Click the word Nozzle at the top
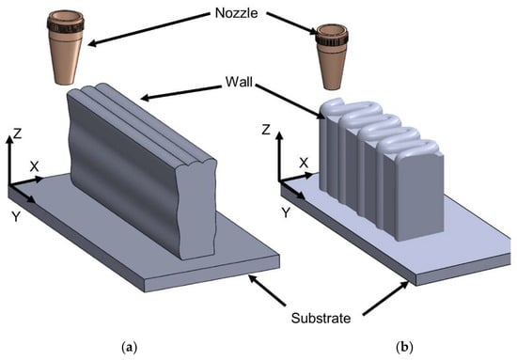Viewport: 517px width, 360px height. click(x=236, y=13)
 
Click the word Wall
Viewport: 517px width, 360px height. click(x=239, y=82)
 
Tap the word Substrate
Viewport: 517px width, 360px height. click(x=321, y=318)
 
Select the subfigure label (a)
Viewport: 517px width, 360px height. click(x=129, y=347)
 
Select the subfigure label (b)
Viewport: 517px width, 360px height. click(x=404, y=347)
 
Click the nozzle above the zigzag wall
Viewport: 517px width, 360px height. click(x=332, y=56)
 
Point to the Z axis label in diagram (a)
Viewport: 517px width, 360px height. click(x=17, y=133)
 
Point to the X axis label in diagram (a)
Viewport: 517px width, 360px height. click(x=34, y=166)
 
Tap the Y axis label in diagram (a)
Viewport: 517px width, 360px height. click(x=16, y=217)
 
